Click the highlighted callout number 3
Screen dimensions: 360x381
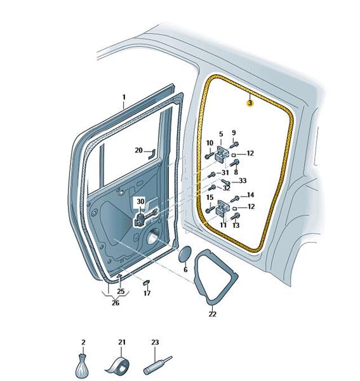click(x=250, y=103)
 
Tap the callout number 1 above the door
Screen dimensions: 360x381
click(x=124, y=97)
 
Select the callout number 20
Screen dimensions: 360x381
click(x=138, y=150)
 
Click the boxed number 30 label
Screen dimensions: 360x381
click(x=140, y=201)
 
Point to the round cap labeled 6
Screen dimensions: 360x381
click(x=185, y=254)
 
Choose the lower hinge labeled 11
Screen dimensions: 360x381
click(x=222, y=207)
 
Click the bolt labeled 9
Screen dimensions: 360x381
click(x=234, y=145)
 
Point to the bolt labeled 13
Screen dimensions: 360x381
click(x=235, y=216)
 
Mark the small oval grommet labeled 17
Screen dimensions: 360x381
click(x=146, y=283)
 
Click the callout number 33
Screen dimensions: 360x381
click(x=243, y=180)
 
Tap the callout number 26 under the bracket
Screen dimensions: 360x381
click(x=116, y=303)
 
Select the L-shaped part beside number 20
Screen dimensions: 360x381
click(x=151, y=154)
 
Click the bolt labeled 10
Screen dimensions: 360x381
click(x=210, y=156)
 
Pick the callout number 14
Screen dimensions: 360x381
click(x=250, y=195)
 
